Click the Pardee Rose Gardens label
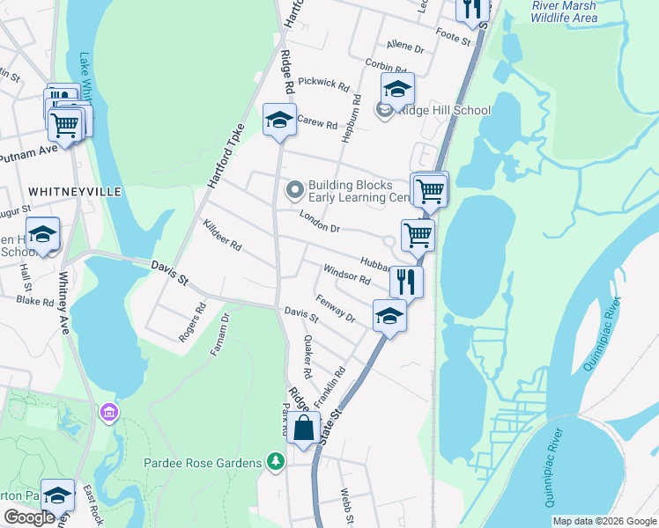[x=203, y=463]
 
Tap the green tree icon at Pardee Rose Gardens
[x=276, y=462]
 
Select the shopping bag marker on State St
[x=304, y=429]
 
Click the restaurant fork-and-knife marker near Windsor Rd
[x=406, y=282]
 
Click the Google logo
[x=29, y=517]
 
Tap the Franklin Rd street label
[x=329, y=386]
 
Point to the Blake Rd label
[x=35, y=301]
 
